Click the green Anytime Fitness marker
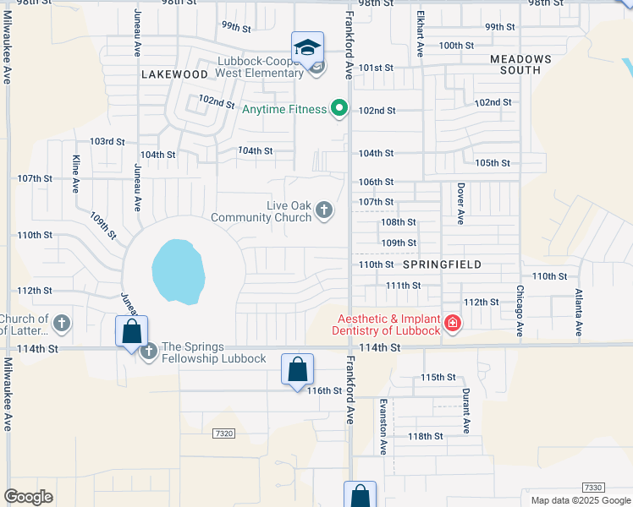(x=339, y=108)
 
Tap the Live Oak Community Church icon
(x=324, y=210)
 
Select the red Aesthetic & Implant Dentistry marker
(x=453, y=324)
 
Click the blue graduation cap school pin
(x=307, y=47)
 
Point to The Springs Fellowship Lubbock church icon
(x=149, y=351)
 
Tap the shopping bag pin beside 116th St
(x=297, y=370)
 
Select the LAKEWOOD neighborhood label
(x=174, y=74)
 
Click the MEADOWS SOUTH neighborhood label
(x=521, y=64)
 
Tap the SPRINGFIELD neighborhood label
(x=442, y=264)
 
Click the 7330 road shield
(x=594, y=488)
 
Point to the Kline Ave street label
(x=75, y=172)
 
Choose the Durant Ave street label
(x=465, y=410)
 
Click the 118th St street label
(x=426, y=436)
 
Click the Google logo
(x=28, y=497)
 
